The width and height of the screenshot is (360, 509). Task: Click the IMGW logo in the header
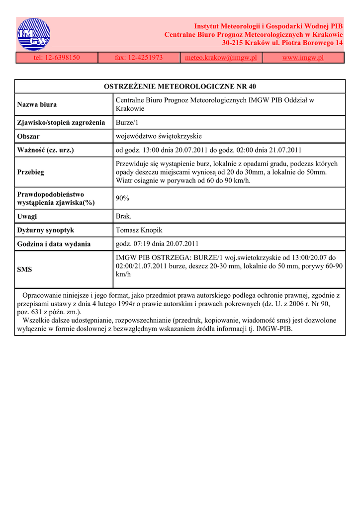pyautogui.click(x=34, y=34)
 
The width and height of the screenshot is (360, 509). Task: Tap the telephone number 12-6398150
pyautogui.click(x=57, y=58)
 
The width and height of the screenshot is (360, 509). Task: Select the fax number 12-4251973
pyautogui.click(x=139, y=58)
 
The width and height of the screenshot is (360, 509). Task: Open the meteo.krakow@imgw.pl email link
pyautogui.click(x=221, y=58)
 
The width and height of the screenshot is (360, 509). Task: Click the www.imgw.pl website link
pyautogui.click(x=303, y=58)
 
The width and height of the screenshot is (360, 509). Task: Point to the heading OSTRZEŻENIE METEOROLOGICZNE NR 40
pyautogui.click(x=180, y=86)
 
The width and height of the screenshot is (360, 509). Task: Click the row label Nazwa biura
pyautogui.click(x=37, y=104)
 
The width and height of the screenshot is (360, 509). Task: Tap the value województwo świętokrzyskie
pyautogui.click(x=159, y=136)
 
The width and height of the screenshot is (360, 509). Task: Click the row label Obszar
pyautogui.click(x=28, y=136)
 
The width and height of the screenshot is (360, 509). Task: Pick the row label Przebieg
pyautogui.click(x=30, y=172)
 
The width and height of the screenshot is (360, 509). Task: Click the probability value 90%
pyautogui.click(x=122, y=198)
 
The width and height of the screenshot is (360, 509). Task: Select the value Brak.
pyautogui.click(x=123, y=216)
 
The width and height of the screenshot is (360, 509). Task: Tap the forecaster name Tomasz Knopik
pyautogui.click(x=139, y=230)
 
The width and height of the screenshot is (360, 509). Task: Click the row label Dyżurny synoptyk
pyautogui.click(x=45, y=230)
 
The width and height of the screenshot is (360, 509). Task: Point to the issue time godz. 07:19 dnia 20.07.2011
pyautogui.click(x=157, y=244)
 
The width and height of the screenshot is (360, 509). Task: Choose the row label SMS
pyautogui.click(x=24, y=269)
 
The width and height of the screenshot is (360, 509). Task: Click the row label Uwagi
pyautogui.click(x=27, y=216)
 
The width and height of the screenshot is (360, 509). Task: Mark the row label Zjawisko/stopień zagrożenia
pyautogui.click(x=61, y=122)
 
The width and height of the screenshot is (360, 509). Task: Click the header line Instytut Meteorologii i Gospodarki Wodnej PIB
pyautogui.click(x=268, y=26)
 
